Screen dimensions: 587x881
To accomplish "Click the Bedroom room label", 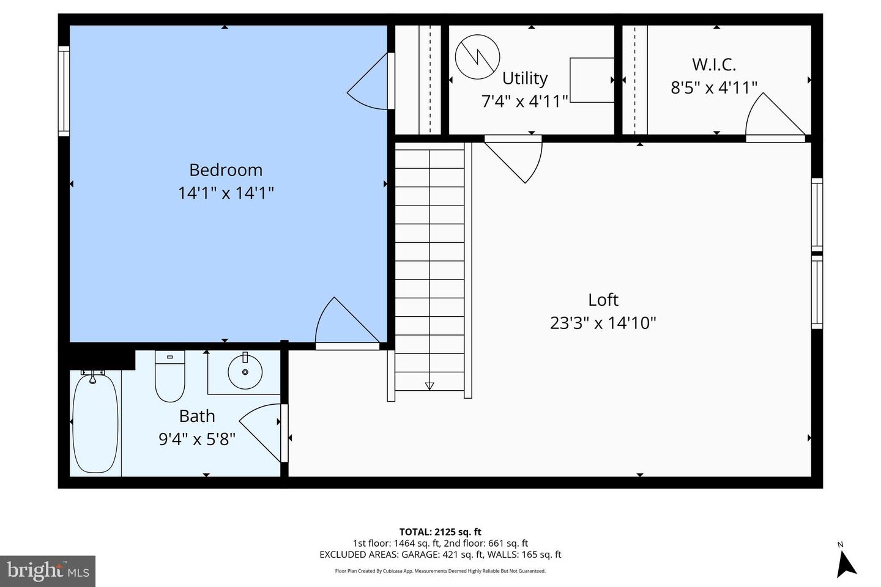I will tap(225, 170).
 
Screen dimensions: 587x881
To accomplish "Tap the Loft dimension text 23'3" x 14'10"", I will tap(603, 323).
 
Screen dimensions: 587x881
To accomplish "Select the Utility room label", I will tap(524, 78).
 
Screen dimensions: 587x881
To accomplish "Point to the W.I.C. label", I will tap(713, 64).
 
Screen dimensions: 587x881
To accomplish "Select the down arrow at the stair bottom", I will tap(429, 385).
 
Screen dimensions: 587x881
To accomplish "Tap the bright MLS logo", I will tap(48, 571).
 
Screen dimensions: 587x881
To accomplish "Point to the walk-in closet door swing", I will tap(772, 116).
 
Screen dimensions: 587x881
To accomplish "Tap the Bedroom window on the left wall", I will tap(64, 90).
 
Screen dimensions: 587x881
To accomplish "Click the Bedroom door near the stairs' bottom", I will tap(346, 324).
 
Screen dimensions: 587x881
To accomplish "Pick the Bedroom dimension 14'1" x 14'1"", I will tap(225, 193).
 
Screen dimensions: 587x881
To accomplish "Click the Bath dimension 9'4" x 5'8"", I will tap(196, 439).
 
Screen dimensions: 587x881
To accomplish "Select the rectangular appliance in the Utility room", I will tap(592, 80).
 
